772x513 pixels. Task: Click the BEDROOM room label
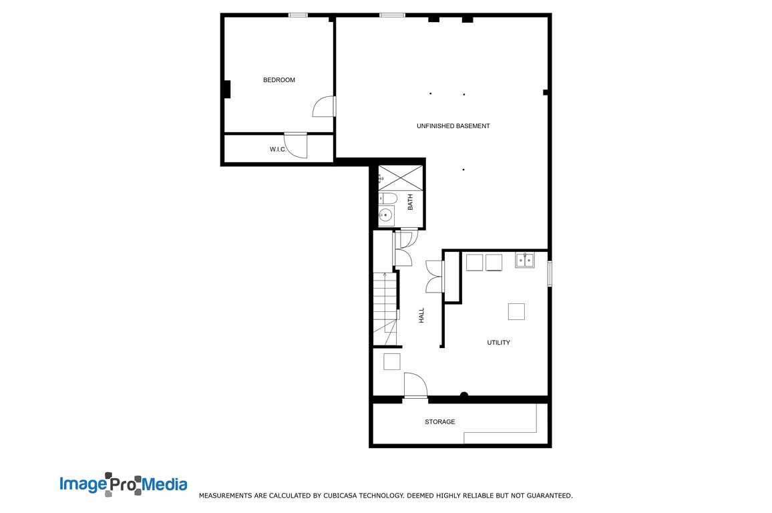point(278,79)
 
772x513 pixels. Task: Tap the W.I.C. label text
point(278,149)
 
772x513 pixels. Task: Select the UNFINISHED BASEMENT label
point(453,126)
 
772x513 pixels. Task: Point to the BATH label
point(410,202)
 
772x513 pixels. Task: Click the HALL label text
point(421,315)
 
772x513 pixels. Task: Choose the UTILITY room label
point(498,343)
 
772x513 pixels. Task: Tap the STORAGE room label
point(439,422)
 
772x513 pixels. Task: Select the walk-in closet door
point(296,146)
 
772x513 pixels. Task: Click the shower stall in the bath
point(400,177)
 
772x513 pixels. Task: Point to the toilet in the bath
point(388,198)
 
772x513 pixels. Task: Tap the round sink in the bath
point(386,215)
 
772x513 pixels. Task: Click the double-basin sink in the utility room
point(525,259)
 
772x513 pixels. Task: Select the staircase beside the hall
point(385,309)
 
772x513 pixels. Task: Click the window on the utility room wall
point(550,273)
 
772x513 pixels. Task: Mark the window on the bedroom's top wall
point(298,15)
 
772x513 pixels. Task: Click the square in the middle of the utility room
point(516,312)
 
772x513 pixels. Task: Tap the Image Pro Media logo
point(124,484)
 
